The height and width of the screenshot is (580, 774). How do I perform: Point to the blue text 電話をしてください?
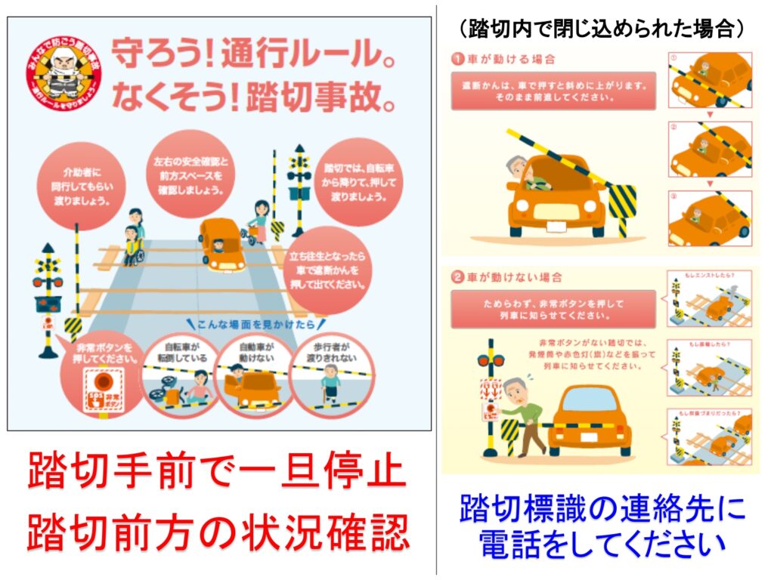pos(602,545)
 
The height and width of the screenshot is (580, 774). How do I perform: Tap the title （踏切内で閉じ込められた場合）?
pos(602,29)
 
